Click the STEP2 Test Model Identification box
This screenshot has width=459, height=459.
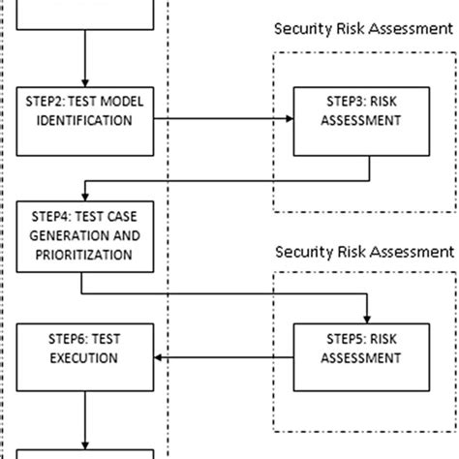click(x=85, y=112)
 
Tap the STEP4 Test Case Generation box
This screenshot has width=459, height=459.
click(x=85, y=235)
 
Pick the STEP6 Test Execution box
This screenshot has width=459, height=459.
click(x=85, y=358)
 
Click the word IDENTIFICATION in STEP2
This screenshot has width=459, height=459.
click(x=85, y=122)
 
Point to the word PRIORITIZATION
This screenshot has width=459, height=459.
click(x=85, y=255)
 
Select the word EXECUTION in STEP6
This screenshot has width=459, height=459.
click(x=85, y=368)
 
